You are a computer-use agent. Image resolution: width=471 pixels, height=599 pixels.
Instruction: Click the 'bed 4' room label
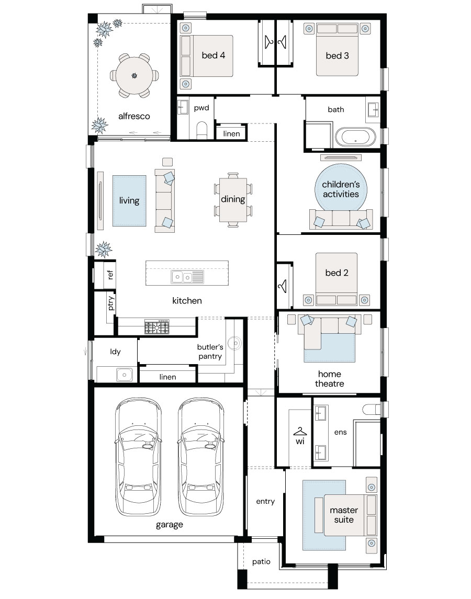[214, 55]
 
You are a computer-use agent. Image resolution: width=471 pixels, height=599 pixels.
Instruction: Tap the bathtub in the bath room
[355, 137]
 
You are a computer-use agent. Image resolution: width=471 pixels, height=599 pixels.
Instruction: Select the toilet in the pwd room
[201, 130]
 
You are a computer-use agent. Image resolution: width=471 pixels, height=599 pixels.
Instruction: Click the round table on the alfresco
[134, 76]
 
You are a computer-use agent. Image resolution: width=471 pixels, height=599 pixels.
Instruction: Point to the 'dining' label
[233, 199]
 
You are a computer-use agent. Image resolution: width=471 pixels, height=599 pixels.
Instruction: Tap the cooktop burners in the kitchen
[156, 327]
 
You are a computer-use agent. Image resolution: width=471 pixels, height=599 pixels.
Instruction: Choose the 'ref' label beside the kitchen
[110, 274]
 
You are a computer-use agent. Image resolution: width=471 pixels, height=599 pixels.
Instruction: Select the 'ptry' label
[110, 303]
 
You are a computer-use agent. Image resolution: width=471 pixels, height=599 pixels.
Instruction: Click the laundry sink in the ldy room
[124, 375]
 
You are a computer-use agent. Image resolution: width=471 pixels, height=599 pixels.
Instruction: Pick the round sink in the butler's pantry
[234, 343]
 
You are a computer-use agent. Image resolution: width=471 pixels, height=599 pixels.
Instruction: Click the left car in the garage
[138, 457]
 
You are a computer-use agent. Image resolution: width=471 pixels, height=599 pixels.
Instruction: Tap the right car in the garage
[200, 457]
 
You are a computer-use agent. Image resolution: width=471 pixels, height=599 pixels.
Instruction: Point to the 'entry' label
[265, 502]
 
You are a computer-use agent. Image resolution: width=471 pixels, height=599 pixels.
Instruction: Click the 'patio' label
[261, 561]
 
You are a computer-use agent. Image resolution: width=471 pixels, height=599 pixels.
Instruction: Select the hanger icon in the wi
[300, 432]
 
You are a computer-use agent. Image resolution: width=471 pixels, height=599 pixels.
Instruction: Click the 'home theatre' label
[330, 379]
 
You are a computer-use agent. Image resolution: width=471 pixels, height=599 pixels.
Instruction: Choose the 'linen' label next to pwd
[232, 134]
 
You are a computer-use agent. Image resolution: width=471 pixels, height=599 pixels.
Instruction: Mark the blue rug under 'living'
[129, 200]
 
